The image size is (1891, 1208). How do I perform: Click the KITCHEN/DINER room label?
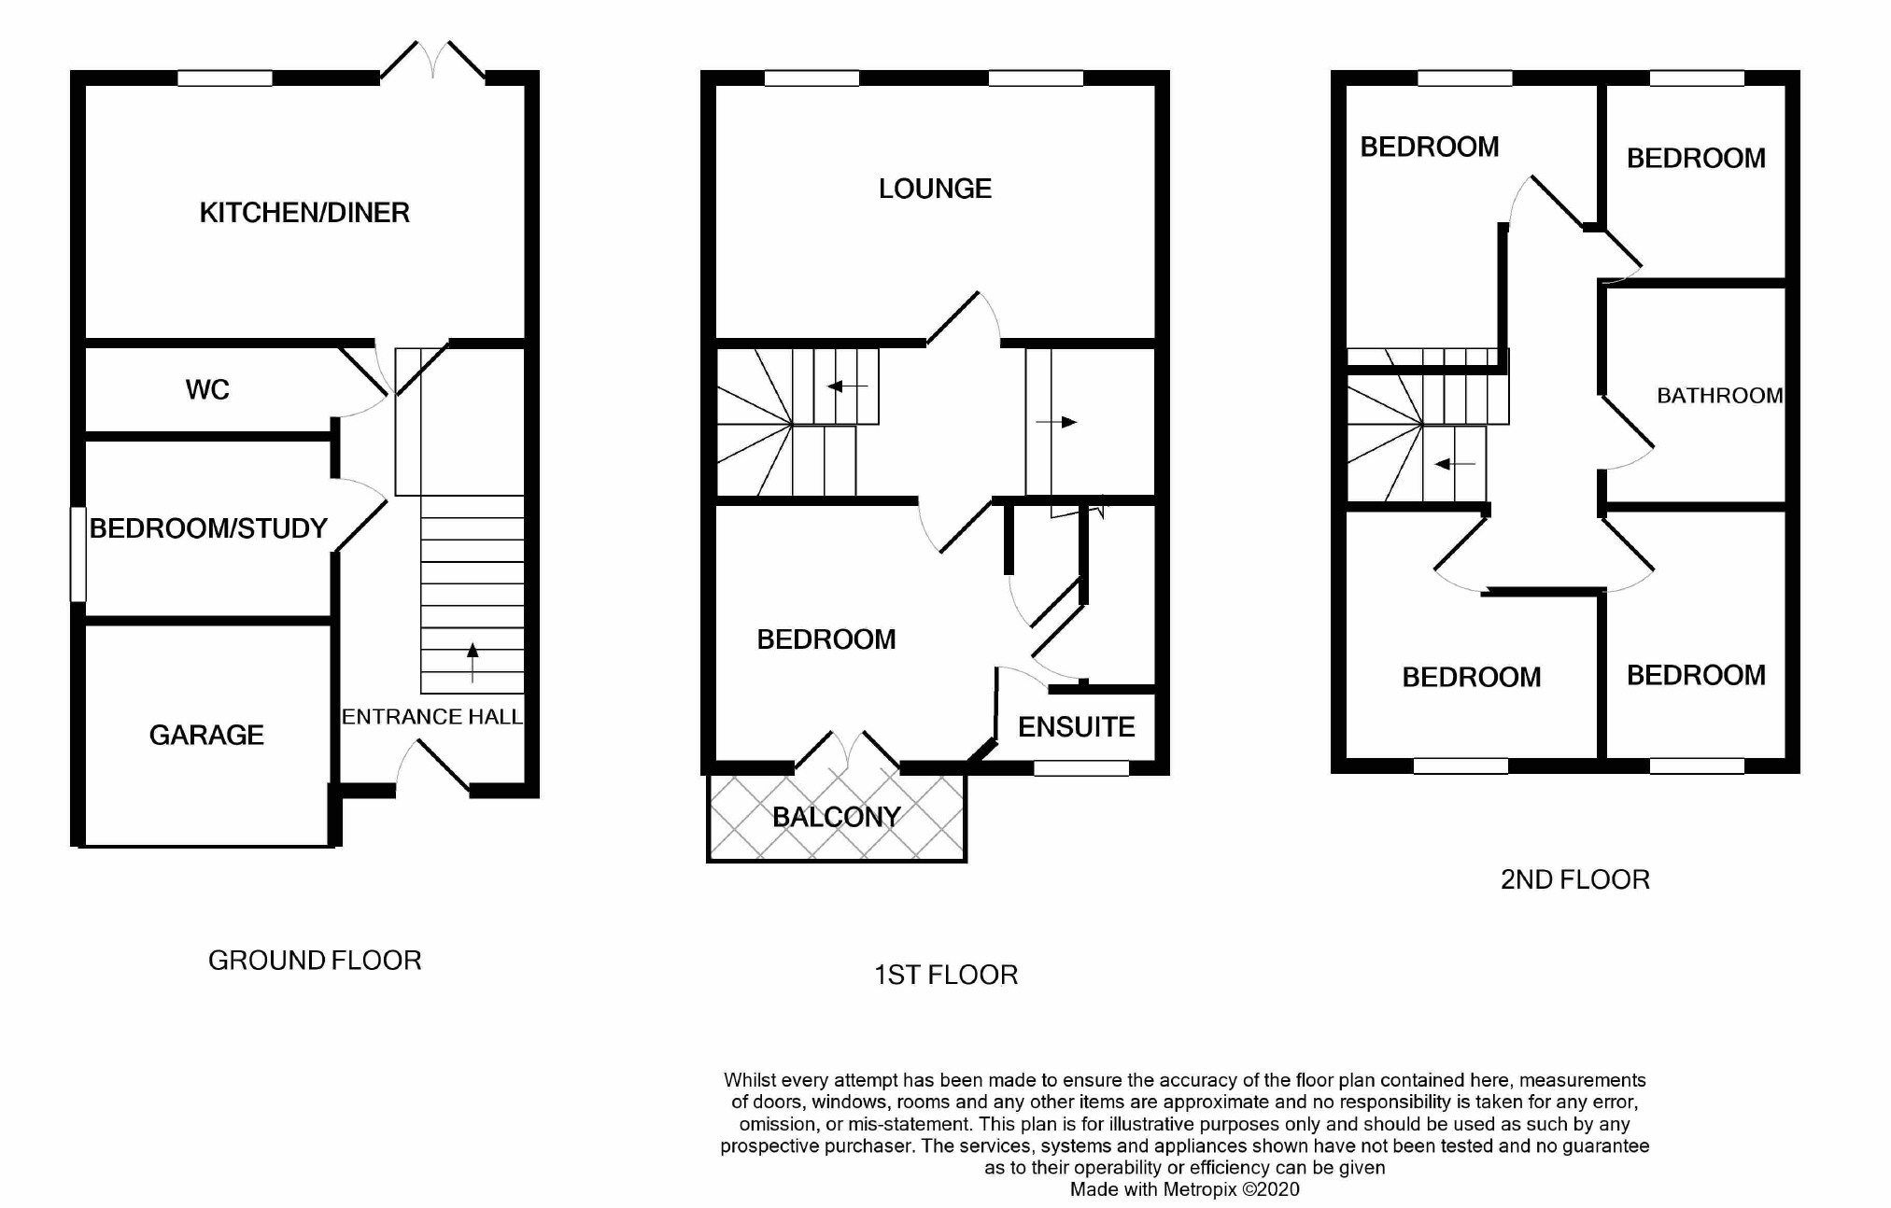(304, 213)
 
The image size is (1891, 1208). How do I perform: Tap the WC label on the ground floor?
(207, 390)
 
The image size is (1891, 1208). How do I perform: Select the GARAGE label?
(206, 736)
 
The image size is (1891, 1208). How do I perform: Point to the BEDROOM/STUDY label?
(208, 529)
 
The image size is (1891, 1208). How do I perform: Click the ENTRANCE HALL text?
(431, 717)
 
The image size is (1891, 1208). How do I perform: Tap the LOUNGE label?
(935, 189)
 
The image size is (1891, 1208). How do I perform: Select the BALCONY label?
(836, 818)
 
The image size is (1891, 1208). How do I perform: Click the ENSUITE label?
(1076, 727)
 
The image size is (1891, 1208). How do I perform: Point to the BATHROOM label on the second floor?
(1719, 396)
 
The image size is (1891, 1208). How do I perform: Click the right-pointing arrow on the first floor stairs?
(1057, 422)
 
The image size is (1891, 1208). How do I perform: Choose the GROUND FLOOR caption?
(315, 961)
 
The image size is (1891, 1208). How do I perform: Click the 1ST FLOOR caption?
(945, 976)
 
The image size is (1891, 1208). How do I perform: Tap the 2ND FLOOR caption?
(1574, 879)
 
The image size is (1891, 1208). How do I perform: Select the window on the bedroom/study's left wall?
(79, 555)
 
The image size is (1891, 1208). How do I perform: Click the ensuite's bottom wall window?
(1081, 768)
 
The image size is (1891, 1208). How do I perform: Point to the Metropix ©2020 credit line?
(1184, 1189)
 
